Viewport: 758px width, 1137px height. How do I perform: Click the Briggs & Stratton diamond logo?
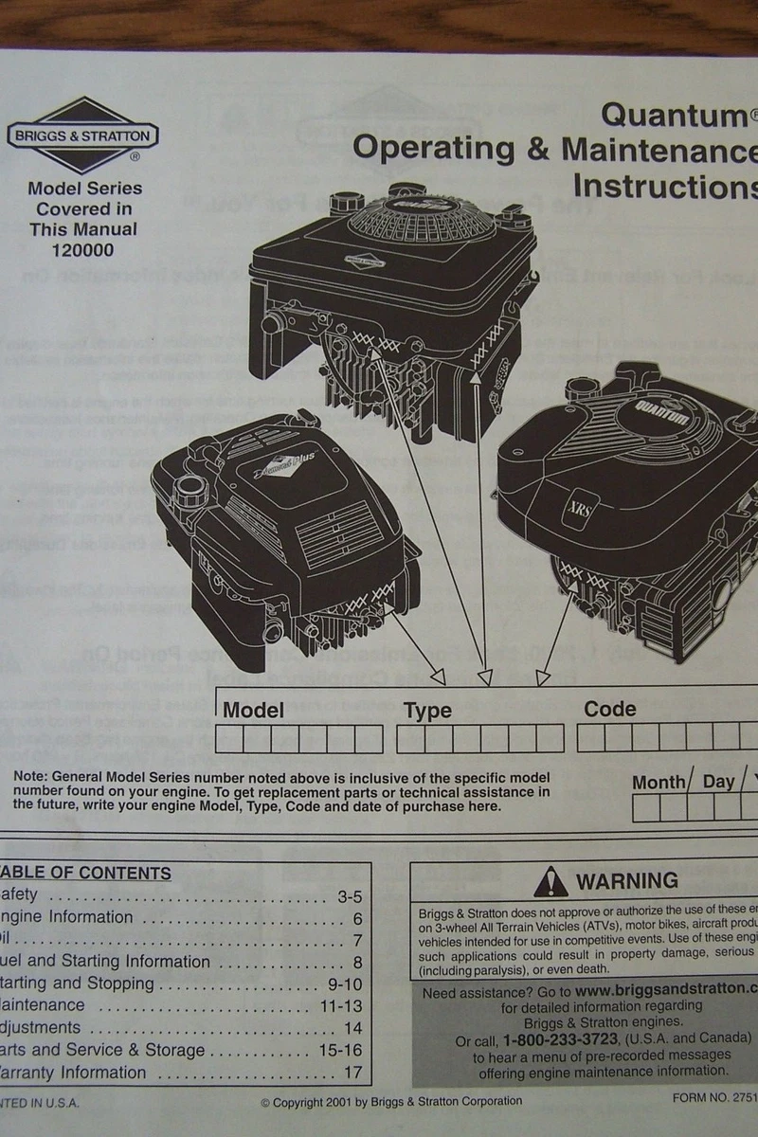pos(82,135)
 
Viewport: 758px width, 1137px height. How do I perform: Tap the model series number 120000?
pos(82,250)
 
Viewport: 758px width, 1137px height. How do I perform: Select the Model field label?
pos(253,710)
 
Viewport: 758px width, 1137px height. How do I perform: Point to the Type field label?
pos(427,711)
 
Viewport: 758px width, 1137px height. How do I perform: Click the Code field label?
pos(609,709)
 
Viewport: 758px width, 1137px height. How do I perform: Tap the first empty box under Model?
pos(229,739)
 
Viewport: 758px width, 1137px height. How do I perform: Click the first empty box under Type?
pos(410,739)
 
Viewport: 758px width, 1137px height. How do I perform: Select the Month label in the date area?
pos(659,782)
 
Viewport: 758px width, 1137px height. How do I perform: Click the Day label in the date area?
pos(718,782)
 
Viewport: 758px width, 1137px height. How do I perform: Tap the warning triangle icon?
pos(550,882)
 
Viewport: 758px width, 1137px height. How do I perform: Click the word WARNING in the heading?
pos(626,881)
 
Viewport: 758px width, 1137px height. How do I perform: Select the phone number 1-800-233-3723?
pos(556,1039)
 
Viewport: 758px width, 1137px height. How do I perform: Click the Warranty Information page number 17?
pos(352,1074)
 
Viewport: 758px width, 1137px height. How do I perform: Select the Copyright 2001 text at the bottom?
pos(391,1101)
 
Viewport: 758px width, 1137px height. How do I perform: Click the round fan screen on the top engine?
pos(422,217)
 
